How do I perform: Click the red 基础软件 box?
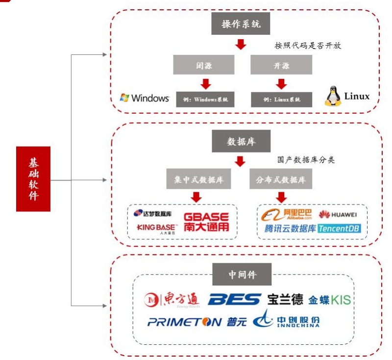point(33,179)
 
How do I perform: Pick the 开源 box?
point(281,65)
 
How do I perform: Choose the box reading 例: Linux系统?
point(282,99)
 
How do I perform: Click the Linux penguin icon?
point(332,97)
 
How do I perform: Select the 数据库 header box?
point(241,141)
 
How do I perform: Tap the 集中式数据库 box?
point(198,180)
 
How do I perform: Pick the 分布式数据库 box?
point(281,180)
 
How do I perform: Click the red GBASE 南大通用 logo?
point(206,222)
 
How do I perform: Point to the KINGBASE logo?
point(156,228)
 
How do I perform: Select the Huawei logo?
point(338,214)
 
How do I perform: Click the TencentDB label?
point(343,229)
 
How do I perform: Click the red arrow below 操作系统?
point(241,45)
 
